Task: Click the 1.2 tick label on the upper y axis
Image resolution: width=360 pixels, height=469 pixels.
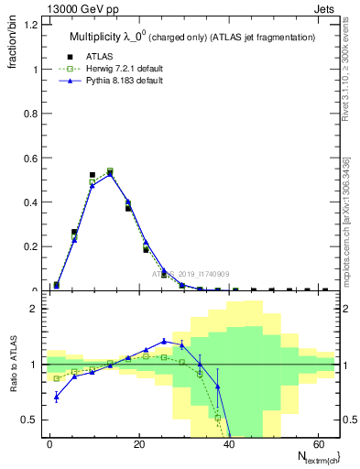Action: [30, 25]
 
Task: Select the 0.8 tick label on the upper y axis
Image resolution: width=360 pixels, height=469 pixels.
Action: [30, 114]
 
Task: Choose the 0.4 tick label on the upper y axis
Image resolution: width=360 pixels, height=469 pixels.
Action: [30, 202]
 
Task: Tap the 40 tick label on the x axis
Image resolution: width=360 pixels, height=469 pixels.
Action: [228, 443]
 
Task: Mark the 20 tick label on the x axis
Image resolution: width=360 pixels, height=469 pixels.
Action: [139, 443]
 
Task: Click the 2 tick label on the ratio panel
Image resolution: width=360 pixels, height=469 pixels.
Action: [34, 310]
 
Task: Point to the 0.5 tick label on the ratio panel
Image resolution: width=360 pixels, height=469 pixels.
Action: [30, 420]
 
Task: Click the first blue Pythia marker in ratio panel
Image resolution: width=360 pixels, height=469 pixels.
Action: [57, 397]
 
